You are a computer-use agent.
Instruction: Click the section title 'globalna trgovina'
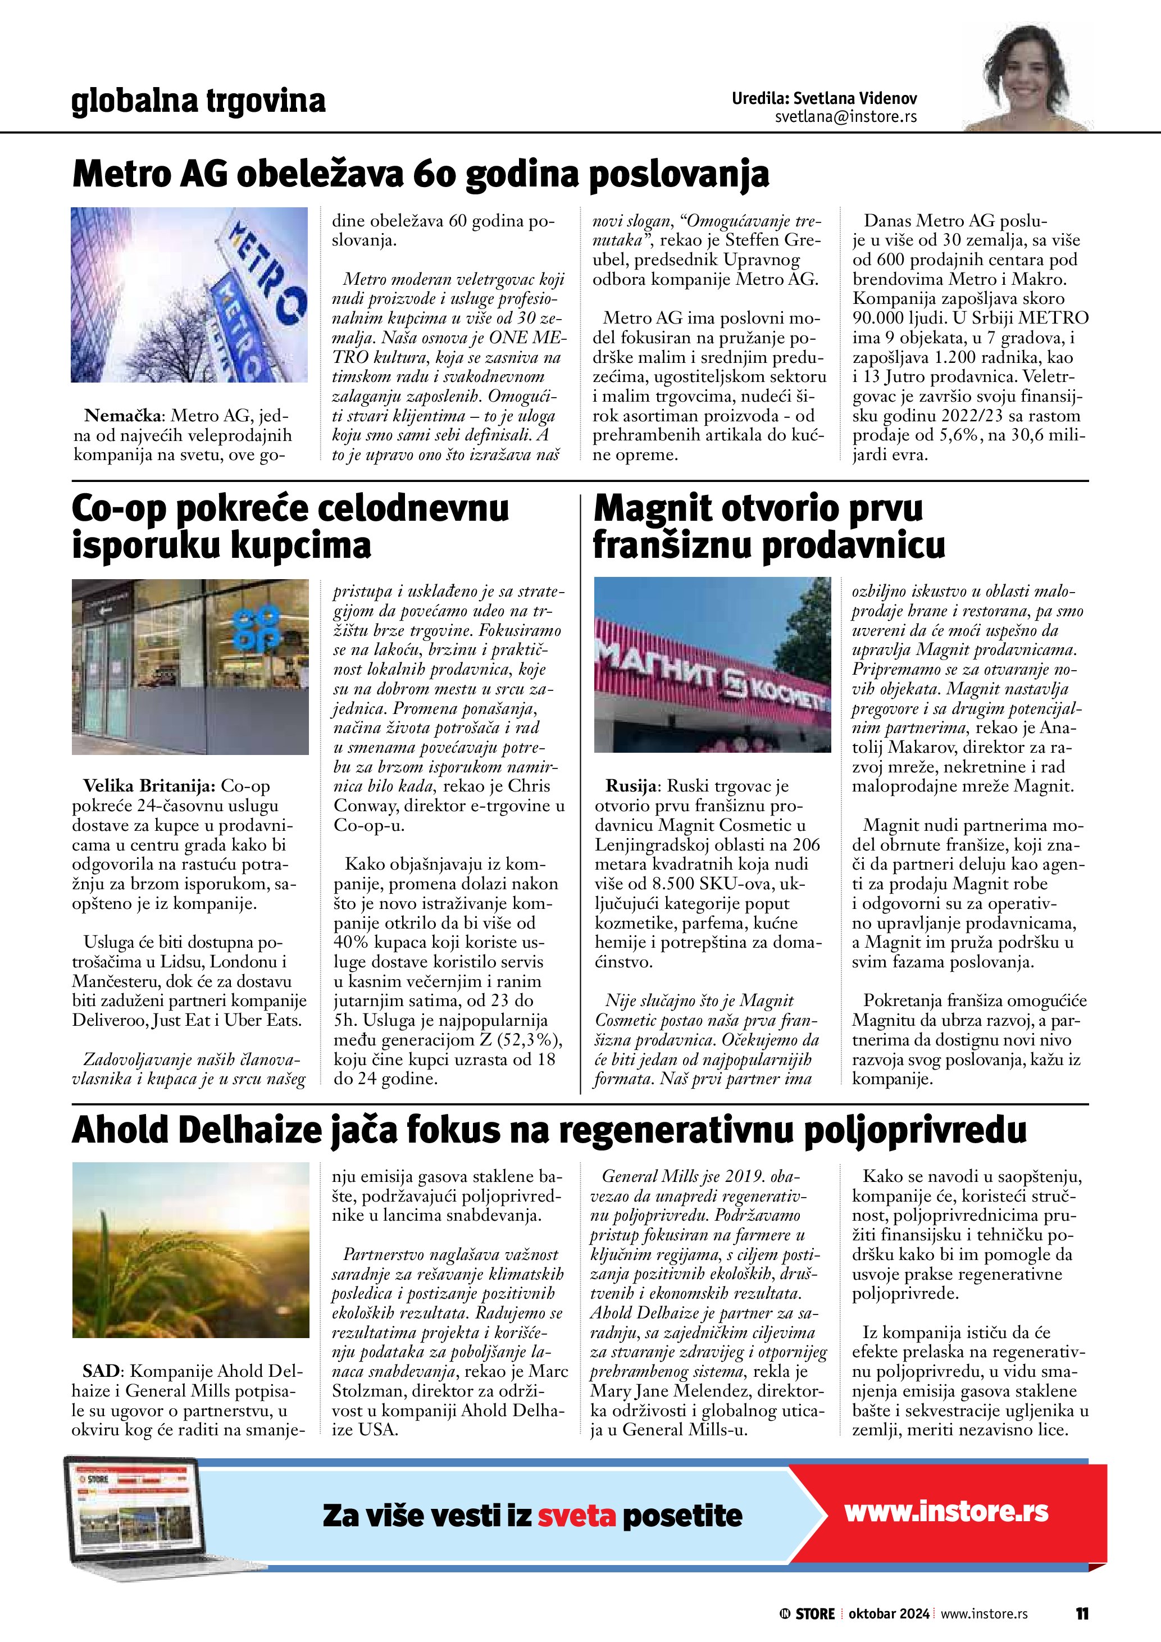(x=198, y=101)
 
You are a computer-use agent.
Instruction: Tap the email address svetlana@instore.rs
(x=846, y=117)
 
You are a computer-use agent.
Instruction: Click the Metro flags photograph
(x=189, y=295)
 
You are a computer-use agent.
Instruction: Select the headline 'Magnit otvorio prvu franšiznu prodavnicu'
(x=768, y=527)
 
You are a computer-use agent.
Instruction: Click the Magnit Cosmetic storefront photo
(x=713, y=665)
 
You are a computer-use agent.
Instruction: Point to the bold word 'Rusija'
(x=631, y=786)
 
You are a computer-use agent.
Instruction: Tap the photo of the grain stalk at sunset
(x=190, y=1249)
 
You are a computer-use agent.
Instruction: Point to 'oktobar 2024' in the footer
(x=889, y=1614)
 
